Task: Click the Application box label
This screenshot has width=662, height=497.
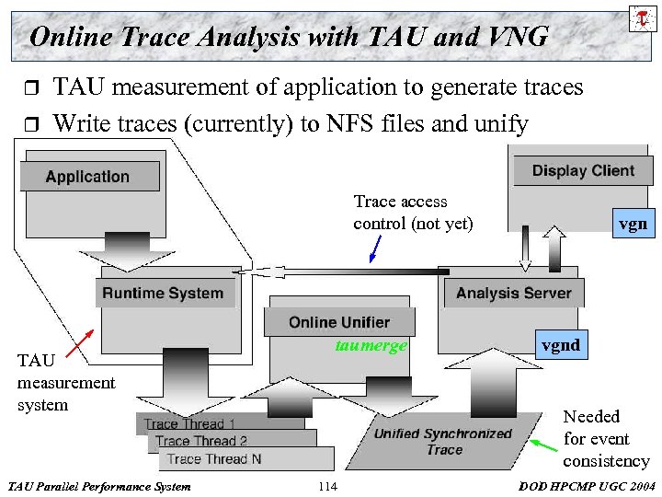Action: [88, 177]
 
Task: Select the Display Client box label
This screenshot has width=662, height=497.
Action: [583, 170]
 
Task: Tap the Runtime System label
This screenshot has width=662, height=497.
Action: [163, 294]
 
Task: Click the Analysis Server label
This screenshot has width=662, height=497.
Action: [513, 294]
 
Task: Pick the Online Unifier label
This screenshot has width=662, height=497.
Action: [338, 322]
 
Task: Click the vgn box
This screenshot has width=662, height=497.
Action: [632, 223]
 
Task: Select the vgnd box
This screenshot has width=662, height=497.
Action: [560, 345]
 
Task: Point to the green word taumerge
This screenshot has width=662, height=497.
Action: [371, 346]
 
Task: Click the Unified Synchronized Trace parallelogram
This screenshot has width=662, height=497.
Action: [444, 442]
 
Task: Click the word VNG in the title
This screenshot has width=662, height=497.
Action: [516, 37]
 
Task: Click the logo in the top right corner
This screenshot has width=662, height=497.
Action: [641, 17]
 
